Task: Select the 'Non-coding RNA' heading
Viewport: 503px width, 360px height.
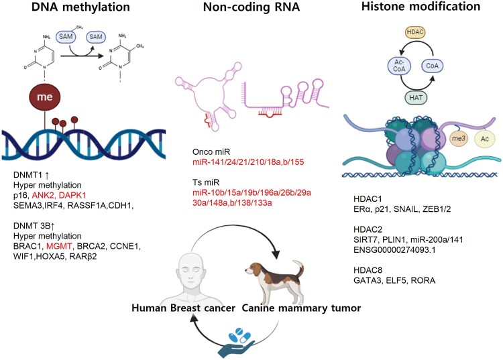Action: click(x=251, y=9)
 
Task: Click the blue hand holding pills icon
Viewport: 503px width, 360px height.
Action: click(x=251, y=338)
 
